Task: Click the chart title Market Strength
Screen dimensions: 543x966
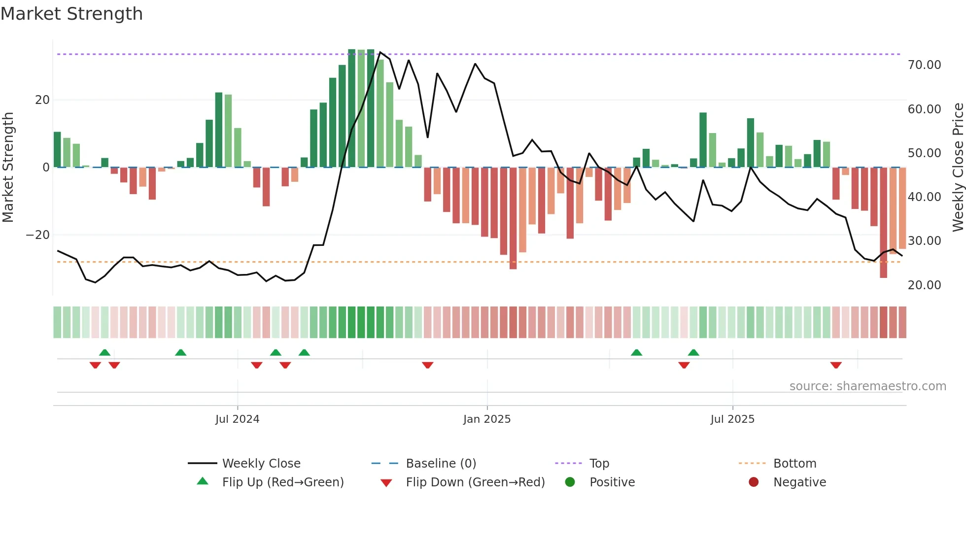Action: [x=71, y=14]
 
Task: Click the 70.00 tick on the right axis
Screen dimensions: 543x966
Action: [x=924, y=65]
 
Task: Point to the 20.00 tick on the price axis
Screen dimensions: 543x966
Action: [x=924, y=285]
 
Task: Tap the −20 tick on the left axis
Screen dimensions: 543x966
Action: [x=38, y=235]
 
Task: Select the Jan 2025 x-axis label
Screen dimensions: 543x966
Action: [x=487, y=419]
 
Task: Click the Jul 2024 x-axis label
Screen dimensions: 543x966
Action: [x=237, y=419]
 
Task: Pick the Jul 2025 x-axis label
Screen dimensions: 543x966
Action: [x=732, y=419]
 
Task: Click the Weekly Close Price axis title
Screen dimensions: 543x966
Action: [x=958, y=168]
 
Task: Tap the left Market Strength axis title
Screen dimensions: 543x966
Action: [x=8, y=168]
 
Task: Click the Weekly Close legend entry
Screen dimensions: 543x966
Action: [x=261, y=464]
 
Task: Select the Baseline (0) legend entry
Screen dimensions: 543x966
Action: [x=441, y=464]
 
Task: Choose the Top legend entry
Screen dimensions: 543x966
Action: [x=599, y=464]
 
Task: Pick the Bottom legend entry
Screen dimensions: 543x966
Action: [x=794, y=464]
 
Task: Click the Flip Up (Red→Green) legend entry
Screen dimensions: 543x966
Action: [x=282, y=482]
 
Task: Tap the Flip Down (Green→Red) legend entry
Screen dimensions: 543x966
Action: [x=475, y=482]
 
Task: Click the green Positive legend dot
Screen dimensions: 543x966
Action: [x=570, y=482]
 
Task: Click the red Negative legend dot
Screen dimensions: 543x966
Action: [x=754, y=482]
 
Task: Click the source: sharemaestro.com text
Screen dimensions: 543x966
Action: [x=867, y=386]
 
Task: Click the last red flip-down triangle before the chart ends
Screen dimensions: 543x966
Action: [x=836, y=365]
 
